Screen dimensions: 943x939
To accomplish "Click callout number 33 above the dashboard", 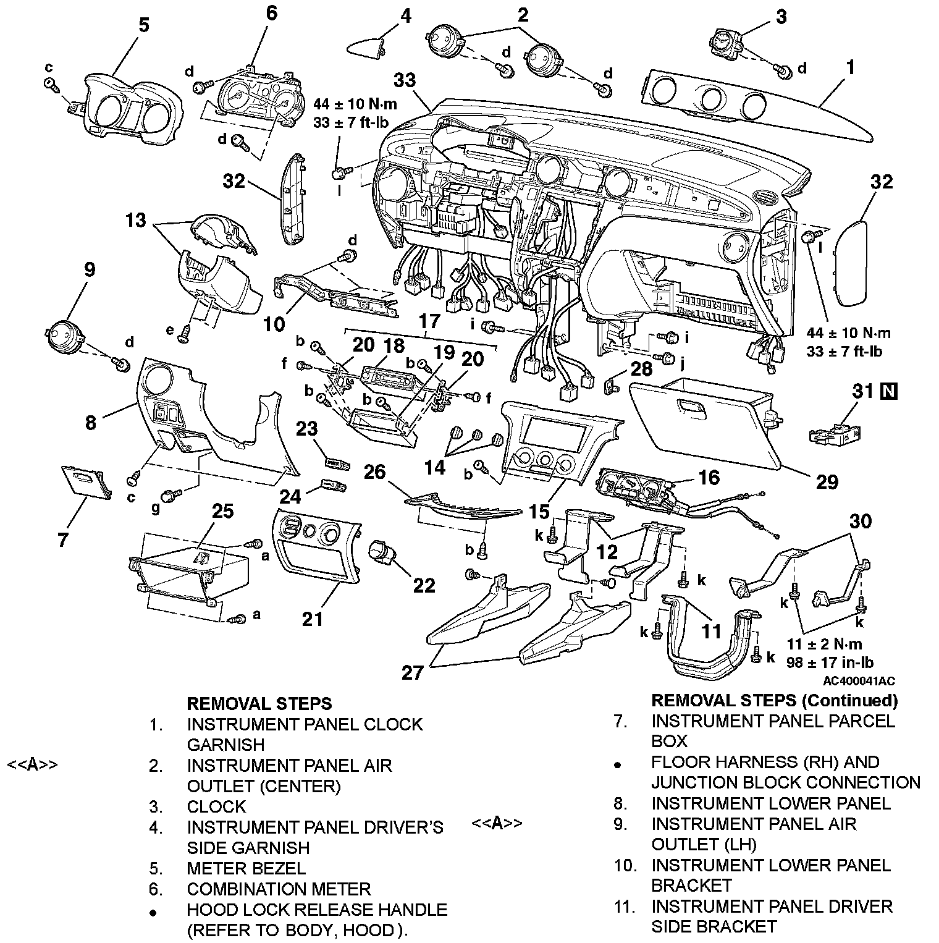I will point(405,80).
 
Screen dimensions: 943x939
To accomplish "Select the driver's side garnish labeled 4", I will point(367,46).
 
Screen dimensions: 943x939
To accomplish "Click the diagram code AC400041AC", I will point(858,681).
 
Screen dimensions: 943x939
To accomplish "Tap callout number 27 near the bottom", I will point(413,672).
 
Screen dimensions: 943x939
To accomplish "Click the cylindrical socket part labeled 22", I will point(381,551).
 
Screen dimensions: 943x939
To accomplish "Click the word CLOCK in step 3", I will point(216,806).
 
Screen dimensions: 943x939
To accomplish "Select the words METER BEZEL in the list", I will point(246,868).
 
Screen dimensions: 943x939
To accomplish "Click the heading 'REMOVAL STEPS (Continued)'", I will point(774,700).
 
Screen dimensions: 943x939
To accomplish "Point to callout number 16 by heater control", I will point(709,477).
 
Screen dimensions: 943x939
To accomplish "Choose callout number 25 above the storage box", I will point(222,511).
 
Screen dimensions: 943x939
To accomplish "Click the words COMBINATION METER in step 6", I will point(279,889).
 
